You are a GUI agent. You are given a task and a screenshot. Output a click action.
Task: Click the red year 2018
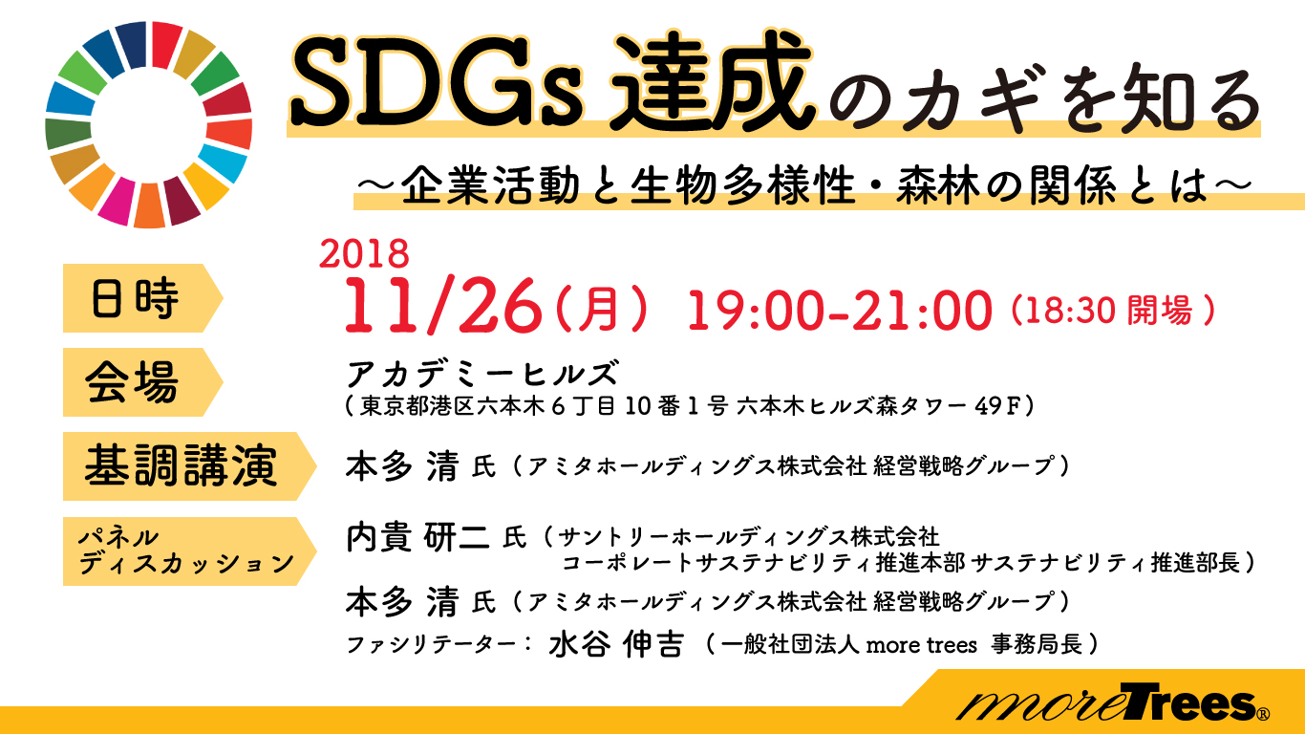coord(364,253)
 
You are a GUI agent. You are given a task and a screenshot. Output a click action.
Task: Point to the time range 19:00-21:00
coord(840,311)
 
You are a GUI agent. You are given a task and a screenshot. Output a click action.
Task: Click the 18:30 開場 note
coord(1113,311)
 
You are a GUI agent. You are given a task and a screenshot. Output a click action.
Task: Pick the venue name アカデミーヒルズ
coord(481,373)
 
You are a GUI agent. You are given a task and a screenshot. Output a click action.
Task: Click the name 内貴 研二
coord(417,536)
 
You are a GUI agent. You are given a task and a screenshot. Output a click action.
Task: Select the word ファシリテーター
coord(431,645)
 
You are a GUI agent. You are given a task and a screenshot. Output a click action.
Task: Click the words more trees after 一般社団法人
coord(921,645)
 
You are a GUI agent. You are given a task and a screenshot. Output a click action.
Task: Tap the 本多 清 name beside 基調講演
coord(401,466)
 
